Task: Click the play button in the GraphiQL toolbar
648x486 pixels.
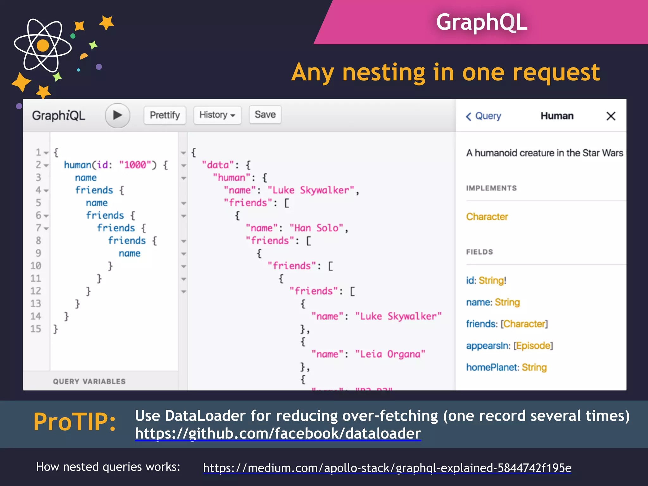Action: click(x=117, y=115)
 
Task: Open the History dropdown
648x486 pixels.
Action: click(x=217, y=115)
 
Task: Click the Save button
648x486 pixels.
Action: click(x=265, y=115)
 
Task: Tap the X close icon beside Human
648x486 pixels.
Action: click(x=611, y=116)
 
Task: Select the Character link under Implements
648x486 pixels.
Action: click(x=487, y=217)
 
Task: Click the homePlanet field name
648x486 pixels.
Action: click(x=492, y=367)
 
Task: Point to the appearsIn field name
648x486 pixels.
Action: click(x=487, y=346)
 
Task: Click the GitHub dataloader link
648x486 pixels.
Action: click(x=278, y=433)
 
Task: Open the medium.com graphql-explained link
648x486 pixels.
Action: click(x=387, y=468)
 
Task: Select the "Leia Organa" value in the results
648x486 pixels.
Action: click(x=390, y=354)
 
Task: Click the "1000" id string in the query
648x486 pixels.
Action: click(x=135, y=165)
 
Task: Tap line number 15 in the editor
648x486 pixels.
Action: click(x=36, y=329)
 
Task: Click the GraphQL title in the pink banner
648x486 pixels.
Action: click(x=481, y=22)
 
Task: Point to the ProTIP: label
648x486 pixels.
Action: click(x=75, y=422)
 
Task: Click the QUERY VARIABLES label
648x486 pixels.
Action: click(x=89, y=382)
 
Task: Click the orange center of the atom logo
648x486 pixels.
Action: click(x=43, y=45)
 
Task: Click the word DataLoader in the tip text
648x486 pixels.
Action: click(x=205, y=416)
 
